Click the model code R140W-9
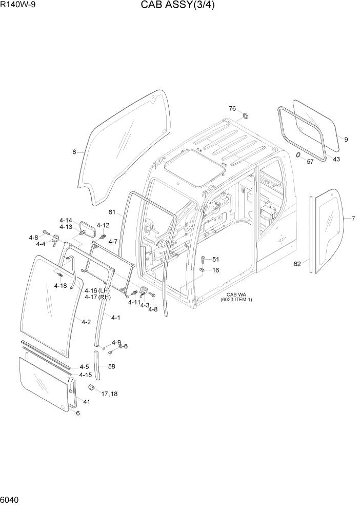click(x=19, y=6)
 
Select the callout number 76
click(x=232, y=108)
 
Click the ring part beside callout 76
click(x=245, y=114)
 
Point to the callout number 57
click(x=310, y=162)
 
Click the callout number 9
click(x=346, y=139)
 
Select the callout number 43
click(x=336, y=159)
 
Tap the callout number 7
click(x=353, y=219)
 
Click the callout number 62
click(x=297, y=264)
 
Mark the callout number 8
click(x=74, y=152)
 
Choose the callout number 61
click(x=112, y=212)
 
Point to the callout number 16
click(x=215, y=270)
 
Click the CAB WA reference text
click(x=236, y=297)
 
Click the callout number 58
click(x=111, y=366)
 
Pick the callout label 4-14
click(x=66, y=220)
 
